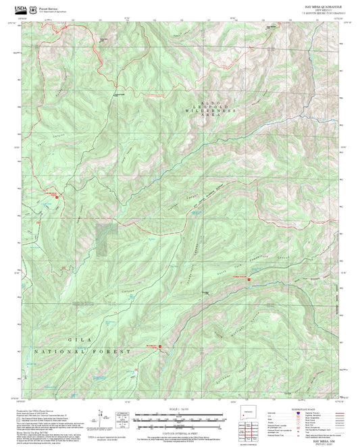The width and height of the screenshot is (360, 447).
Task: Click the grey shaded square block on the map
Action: click(105, 240)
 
